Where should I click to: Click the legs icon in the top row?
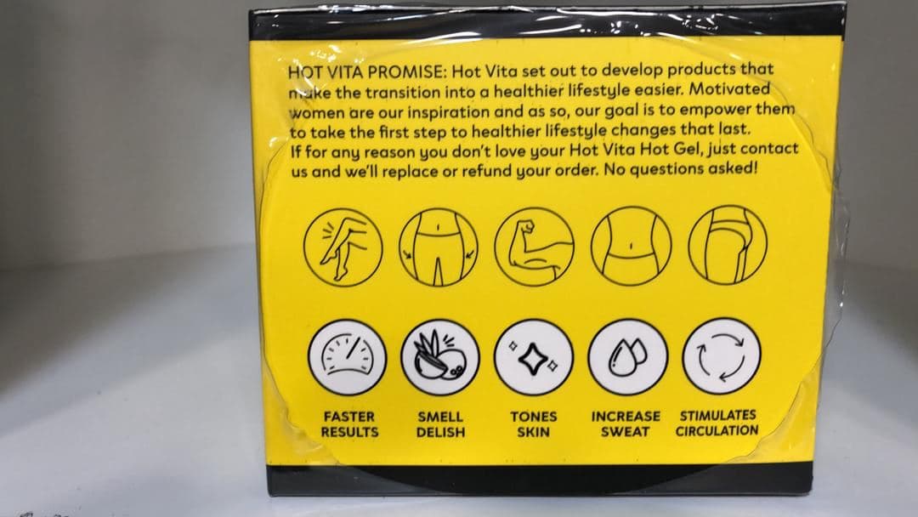343,247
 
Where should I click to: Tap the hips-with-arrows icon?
439,247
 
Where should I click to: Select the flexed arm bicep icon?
534,247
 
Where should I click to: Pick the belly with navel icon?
631,246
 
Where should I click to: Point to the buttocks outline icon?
728,244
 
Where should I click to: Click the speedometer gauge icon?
347,357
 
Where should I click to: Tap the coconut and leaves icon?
440,357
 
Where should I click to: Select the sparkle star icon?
533,357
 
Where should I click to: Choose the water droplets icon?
627,356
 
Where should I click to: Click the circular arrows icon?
722,356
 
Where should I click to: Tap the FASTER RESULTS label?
349,424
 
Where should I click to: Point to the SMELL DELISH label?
441,424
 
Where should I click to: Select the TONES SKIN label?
533,424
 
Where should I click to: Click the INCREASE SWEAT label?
626,424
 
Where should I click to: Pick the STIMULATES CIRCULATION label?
717,423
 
